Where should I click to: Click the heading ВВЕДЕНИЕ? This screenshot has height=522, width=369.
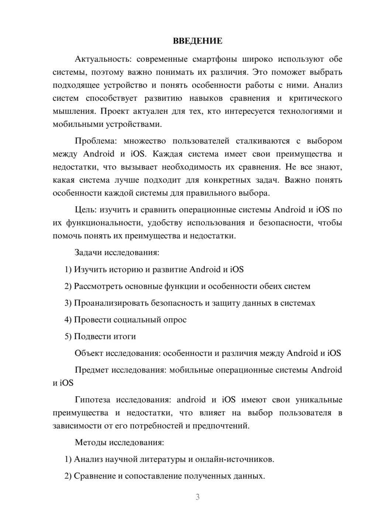click(x=197, y=41)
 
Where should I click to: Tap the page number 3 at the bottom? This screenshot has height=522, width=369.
click(x=197, y=497)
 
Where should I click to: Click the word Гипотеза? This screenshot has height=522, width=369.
click(x=93, y=400)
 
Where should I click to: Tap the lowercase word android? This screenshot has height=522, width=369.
click(x=191, y=400)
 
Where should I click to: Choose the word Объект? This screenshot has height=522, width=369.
click(x=89, y=353)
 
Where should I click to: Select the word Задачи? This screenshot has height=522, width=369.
click(x=88, y=253)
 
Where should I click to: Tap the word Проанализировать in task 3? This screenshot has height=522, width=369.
click(x=111, y=303)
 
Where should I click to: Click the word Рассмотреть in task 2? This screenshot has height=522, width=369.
click(x=98, y=286)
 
